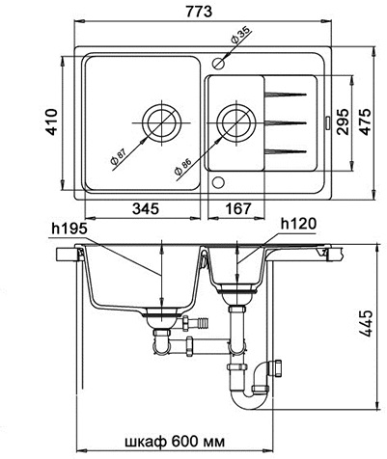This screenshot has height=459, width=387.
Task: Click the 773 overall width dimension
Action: coord(199,11)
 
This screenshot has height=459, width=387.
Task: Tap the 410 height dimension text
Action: coord(51,122)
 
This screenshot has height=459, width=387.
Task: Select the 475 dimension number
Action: coord(365,122)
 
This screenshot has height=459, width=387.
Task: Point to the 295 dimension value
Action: coord(342,122)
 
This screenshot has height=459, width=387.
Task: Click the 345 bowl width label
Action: coord(146,209)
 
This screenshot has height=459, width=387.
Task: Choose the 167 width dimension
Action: coord(237,209)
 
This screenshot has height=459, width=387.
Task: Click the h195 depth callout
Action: coord(69,229)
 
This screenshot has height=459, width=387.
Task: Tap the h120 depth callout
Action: coord(298,224)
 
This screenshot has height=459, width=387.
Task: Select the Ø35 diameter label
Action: coord(240,36)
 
